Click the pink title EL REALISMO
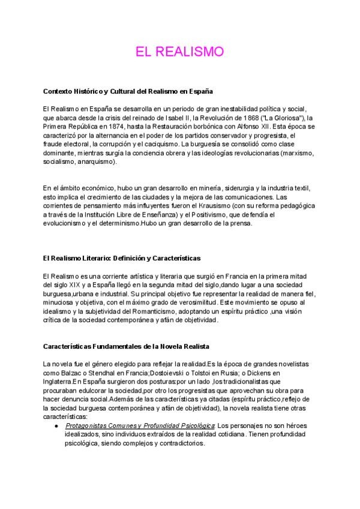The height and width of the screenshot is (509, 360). [x=180, y=51]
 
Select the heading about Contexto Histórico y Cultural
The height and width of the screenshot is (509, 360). [x=128, y=91]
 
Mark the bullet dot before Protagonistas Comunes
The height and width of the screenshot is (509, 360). [x=56, y=426]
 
